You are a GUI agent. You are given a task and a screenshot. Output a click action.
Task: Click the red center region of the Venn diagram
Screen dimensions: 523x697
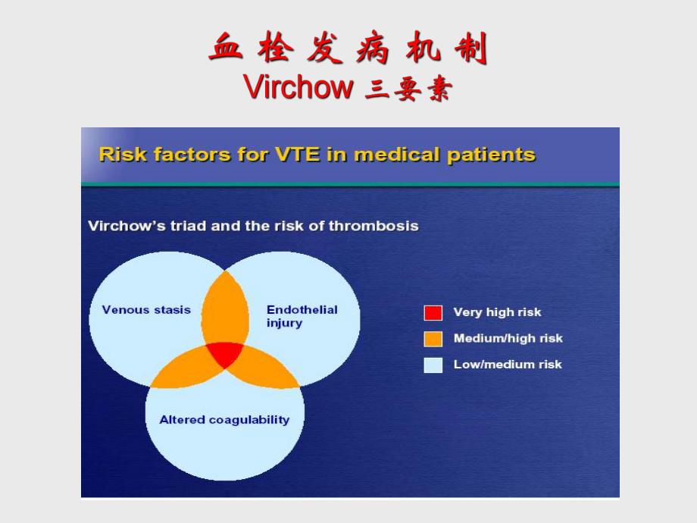225,354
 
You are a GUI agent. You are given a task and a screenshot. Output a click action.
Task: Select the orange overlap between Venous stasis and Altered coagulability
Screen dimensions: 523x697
182,370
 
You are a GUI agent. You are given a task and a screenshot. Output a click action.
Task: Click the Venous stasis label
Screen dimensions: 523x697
146,309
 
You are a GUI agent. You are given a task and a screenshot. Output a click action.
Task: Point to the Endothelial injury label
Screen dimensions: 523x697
302,316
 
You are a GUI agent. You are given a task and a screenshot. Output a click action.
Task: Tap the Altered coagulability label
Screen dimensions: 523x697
224,419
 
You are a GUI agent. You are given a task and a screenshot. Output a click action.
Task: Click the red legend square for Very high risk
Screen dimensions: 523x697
433,312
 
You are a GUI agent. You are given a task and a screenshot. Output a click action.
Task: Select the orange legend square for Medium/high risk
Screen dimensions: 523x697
433,338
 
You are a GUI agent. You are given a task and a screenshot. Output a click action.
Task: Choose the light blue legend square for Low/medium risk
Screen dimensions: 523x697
433,365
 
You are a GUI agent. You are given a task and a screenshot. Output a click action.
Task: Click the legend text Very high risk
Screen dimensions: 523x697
497,312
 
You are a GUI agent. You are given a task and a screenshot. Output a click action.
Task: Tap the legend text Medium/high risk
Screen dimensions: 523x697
508,338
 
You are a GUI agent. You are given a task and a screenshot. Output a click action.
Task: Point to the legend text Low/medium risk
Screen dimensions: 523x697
508,365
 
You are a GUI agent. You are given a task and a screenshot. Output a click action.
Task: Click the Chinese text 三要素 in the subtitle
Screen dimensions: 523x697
408,89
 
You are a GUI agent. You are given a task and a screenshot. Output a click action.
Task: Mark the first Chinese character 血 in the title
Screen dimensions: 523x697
225,49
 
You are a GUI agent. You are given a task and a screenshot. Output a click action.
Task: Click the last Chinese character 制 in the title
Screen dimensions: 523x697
470,49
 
